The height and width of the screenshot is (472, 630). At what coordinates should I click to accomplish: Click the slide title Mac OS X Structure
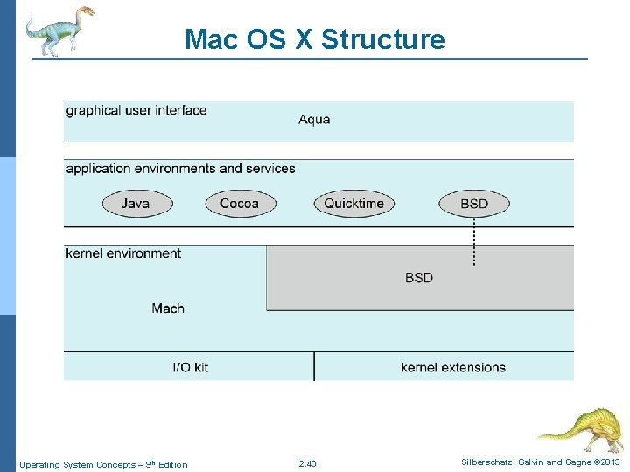click(x=315, y=39)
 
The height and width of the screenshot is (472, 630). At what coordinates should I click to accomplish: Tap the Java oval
click(x=136, y=204)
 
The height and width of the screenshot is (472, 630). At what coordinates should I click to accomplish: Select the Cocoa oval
click(x=240, y=204)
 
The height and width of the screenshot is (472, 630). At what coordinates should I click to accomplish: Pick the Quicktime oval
click(x=353, y=204)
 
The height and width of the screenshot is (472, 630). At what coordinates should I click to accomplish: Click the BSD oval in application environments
click(x=474, y=204)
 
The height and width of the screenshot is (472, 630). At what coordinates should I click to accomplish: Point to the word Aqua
click(x=314, y=120)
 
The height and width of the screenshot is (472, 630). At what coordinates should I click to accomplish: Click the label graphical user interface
click(x=136, y=110)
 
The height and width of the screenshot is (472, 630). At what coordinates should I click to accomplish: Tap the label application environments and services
click(x=180, y=169)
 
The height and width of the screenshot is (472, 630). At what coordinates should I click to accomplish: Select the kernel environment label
click(x=123, y=253)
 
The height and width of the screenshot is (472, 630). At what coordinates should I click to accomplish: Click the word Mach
click(x=168, y=308)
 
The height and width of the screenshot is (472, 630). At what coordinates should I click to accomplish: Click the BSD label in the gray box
click(x=419, y=278)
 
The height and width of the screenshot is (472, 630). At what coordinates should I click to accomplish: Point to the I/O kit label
click(x=191, y=367)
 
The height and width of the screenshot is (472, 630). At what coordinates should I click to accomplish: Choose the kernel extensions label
click(x=453, y=367)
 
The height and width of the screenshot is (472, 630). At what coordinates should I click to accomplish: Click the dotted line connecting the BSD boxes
click(x=474, y=240)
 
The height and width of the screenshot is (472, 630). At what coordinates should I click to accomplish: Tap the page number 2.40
click(x=307, y=464)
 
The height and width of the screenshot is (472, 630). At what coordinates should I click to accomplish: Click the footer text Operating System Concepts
click(x=103, y=464)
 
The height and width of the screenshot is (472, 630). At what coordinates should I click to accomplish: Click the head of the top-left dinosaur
click(x=84, y=12)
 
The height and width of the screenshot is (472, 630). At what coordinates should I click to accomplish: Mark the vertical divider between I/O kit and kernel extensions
click(x=314, y=366)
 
